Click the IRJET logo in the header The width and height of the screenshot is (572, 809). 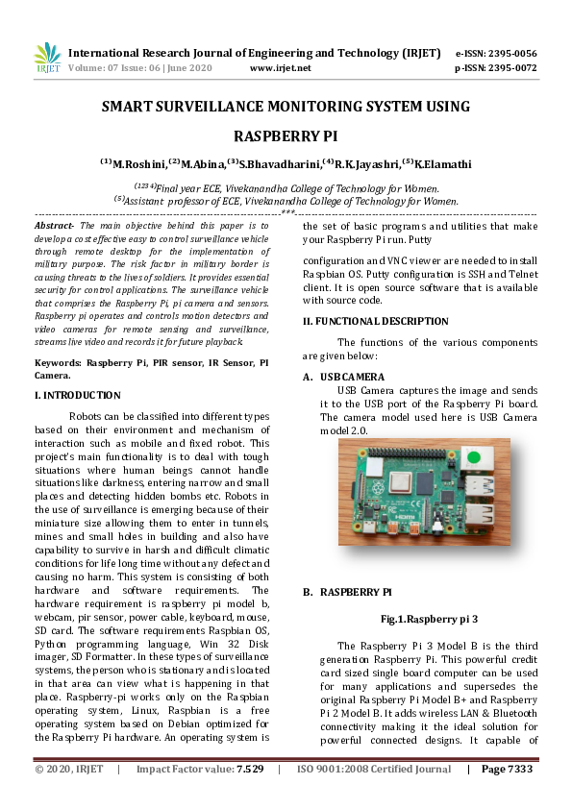[x=47, y=58]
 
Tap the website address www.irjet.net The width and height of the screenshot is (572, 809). [x=280, y=68]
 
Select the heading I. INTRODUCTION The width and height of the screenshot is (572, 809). [x=77, y=395]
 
